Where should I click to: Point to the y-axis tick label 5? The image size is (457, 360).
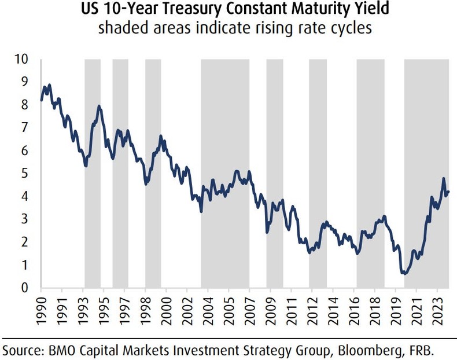24,174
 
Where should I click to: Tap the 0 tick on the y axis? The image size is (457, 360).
24,288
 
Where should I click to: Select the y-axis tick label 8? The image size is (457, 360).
24,105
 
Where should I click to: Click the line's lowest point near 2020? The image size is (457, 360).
404,273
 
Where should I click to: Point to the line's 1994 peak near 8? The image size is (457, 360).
99,106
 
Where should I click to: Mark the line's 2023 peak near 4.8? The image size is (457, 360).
443,179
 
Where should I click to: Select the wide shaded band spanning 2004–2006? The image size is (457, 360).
225,174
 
